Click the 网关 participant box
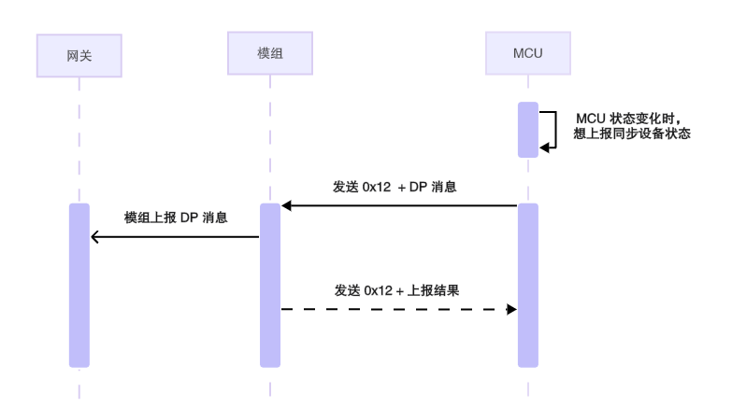(79, 56)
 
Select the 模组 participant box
(269, 54)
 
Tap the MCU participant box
(527, 54)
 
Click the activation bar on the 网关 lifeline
(79, 285)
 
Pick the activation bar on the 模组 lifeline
(269, 285)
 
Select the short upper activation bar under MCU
(527, 129)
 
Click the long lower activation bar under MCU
(527, 285)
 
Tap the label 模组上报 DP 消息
(178, 218)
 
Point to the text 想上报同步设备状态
(631, 133)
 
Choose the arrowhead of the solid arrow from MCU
(287, 205)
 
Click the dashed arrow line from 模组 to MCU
(393, 309)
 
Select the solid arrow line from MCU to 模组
(402, 205)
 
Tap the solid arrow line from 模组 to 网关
(178, 237)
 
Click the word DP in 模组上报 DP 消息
(190, 218)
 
